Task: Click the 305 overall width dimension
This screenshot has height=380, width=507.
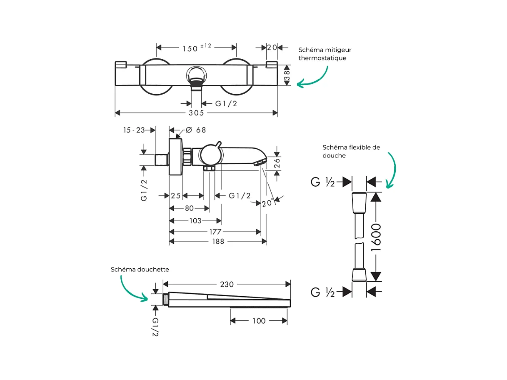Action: [196, 113]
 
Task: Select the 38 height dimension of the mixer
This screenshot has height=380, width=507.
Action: [287, 75]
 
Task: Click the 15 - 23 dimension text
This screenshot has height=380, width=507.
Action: [134, 130]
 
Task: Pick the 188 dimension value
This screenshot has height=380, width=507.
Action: [218, 241]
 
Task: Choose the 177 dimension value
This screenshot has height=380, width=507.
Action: [216, 232]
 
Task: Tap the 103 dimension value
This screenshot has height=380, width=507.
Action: [195, 221]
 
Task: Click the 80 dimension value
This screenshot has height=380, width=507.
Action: [190, 208]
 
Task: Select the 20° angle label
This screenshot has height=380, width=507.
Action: [267, 203]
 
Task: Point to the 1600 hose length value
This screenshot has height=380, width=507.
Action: [376, 237]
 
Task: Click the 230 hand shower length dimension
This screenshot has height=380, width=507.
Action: [227, 284]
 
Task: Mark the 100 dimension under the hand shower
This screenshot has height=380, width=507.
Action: [259, 321]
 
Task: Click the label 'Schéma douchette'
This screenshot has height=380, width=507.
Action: [140, 270]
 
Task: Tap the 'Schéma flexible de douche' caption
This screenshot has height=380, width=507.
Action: [351, 151]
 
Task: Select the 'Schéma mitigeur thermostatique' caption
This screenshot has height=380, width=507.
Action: [325, 54]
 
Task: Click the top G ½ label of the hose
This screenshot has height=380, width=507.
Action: [323, 182]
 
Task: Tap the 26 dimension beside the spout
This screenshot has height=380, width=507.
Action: [277, 163]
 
